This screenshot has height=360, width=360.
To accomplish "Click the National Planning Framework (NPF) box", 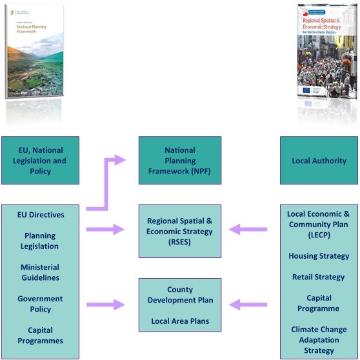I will click(180, 161).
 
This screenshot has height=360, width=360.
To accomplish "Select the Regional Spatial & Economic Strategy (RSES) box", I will click(180, 230).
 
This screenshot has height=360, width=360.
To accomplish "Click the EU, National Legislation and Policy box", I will click(40, 161).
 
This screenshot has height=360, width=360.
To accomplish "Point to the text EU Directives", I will click(40, 214).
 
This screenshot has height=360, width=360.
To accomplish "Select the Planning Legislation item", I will click(40, 241).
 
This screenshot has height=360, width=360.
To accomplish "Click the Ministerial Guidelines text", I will click(40, 272).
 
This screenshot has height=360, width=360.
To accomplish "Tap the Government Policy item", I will click(40, 304).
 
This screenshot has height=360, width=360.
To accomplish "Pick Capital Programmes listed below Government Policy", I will click(40, 335).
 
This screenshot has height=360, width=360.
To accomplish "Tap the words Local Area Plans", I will click(180, 321).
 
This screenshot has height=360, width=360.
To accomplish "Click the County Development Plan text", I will click(180, 295).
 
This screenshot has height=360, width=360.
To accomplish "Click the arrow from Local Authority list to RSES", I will click(248, 228).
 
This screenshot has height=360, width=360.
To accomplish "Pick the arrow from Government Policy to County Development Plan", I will click(106, 304).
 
